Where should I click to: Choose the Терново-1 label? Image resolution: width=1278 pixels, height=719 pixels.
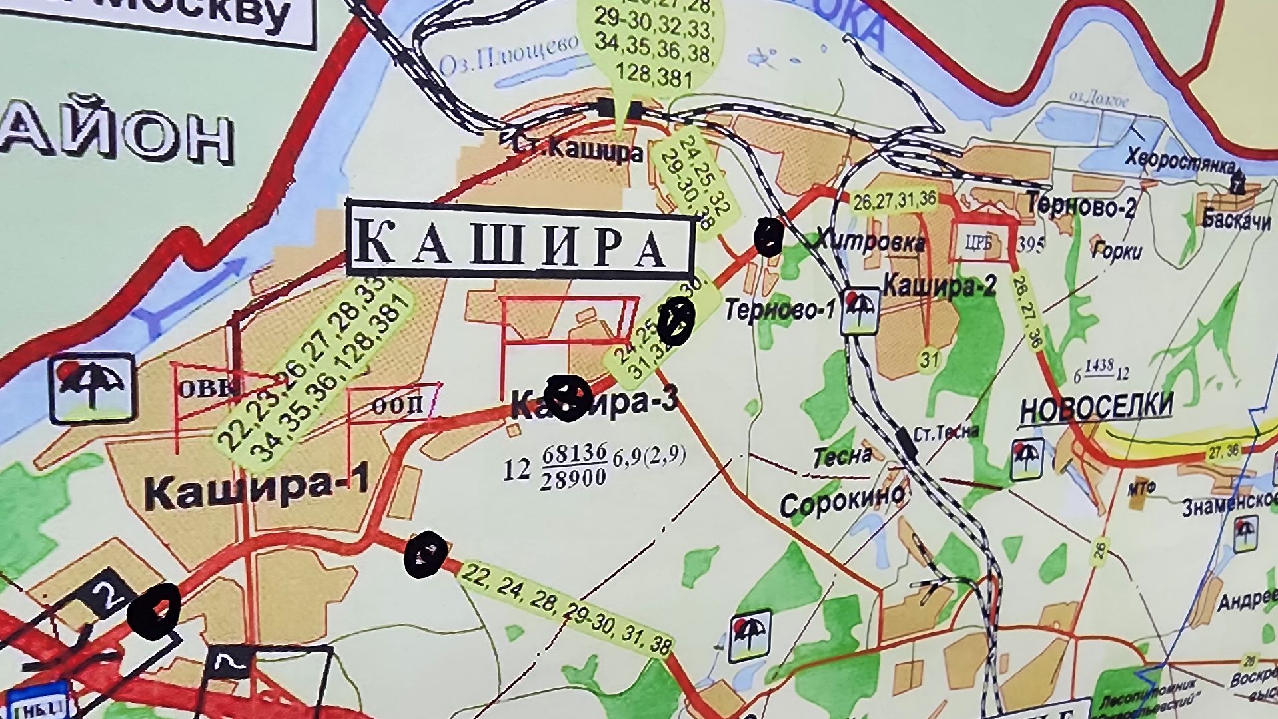coord(780,310)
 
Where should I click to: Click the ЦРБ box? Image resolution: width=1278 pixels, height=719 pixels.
coord(978,243)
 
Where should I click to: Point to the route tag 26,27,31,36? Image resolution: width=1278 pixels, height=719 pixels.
coord(894,200)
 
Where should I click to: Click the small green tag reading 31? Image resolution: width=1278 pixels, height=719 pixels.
coord(930,360)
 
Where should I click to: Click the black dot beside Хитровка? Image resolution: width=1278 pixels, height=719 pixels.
coord(768,236)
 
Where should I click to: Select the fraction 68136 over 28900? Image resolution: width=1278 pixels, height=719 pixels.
coord(574,466)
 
